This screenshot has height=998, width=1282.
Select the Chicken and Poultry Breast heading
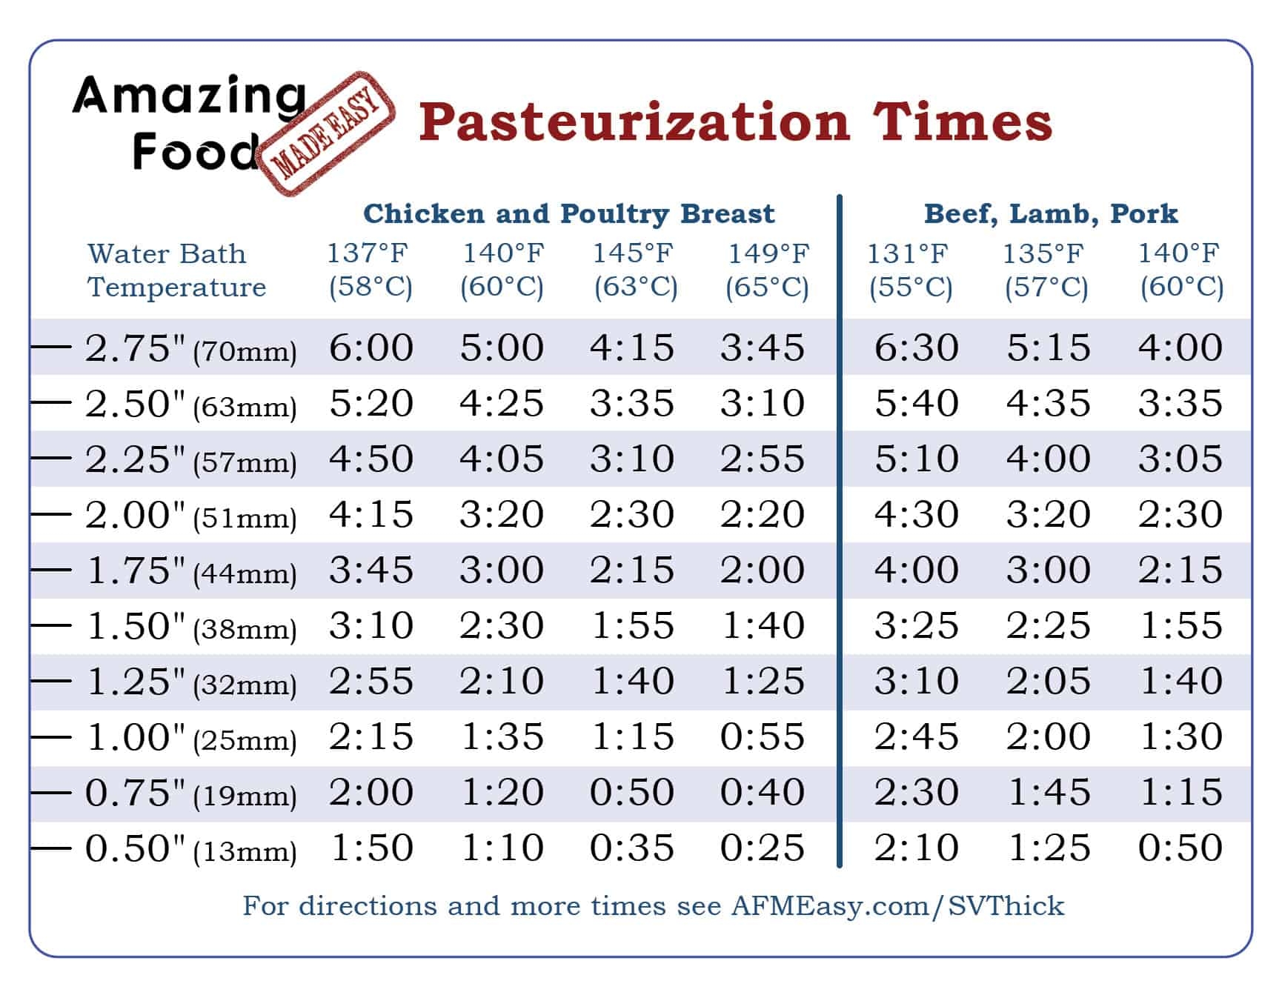(568, 214)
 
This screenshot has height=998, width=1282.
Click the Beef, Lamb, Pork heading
(1050, 214)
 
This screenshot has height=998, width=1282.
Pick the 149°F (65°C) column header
(768, 270)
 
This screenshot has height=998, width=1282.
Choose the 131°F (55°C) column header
(909, 270)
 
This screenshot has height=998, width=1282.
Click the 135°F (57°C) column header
(1045, 270)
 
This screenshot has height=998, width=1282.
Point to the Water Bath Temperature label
(176, 270)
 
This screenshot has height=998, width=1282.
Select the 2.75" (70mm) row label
(190, 348)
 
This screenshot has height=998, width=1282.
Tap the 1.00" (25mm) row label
(190, 737)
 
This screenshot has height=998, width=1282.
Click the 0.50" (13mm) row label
(190, 848)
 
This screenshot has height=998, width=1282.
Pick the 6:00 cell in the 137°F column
(371, 347)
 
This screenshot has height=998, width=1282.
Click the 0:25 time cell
(763, 848)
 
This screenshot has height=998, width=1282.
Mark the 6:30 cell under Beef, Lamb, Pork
(916, 347)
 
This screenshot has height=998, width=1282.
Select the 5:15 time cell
(1048, 347)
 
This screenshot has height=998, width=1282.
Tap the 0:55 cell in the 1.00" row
(763, 736)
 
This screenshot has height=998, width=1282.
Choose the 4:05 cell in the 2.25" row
(502, 459)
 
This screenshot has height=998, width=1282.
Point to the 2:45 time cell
(916, 736)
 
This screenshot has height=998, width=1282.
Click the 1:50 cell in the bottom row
(371, 848)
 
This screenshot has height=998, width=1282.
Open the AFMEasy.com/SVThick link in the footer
(897, 905)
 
